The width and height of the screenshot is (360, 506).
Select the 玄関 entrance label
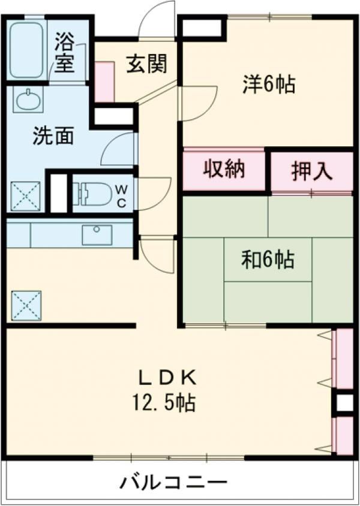point(146,64)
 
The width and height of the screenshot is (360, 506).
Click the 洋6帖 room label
point(268,85)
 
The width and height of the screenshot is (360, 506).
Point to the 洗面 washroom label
point(53,136)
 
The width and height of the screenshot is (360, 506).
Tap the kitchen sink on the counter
point(97,234)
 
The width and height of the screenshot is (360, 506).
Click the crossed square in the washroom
point(25,196)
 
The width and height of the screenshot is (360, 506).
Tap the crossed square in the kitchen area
point(26,305)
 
